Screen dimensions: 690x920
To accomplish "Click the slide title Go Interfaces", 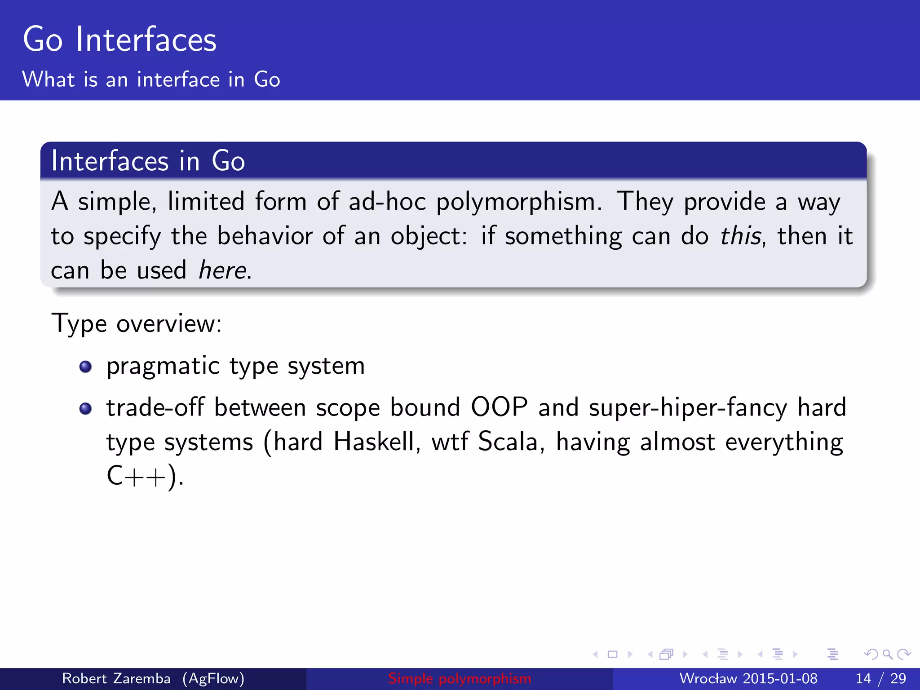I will coord(119,40).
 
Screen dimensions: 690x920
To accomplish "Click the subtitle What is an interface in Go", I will coord(151,80).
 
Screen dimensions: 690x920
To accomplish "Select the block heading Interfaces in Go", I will coord(148,161).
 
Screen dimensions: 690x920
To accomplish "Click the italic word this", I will coord(740,236).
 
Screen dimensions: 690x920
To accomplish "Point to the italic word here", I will coord(222,270).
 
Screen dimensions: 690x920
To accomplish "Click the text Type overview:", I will coord(137,323).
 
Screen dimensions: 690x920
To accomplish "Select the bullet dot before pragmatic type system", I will coord(85,367).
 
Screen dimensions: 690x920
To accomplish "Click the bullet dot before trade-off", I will coord(85,408).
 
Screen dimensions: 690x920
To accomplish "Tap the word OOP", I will coord(499,407).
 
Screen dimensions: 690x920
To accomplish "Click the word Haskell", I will coord(376,442).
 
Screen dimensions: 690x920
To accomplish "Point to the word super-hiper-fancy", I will coord(687,407).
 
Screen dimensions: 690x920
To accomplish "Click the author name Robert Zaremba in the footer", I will coord(116,678).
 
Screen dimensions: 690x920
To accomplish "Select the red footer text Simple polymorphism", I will coord(460,678).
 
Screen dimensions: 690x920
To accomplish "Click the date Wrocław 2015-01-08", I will coord(748,678).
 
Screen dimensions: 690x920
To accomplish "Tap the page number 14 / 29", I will coord(880,678).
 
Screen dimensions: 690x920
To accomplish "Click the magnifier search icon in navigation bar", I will coord(887,655).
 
